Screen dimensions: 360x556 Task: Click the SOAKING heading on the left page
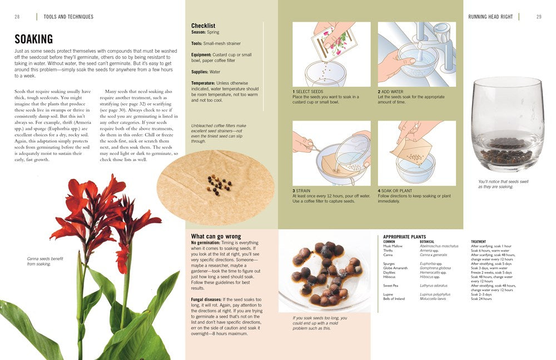click(x=34, y=39)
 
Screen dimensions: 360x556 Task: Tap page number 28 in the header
click(x=17, y=17)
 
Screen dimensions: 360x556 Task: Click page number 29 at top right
click(x=539, y=17)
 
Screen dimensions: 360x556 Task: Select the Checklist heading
click(x=203, y=26)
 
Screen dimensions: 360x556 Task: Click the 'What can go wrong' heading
click(x=216, y=236)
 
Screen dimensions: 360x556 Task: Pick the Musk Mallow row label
click(x=393, y=246)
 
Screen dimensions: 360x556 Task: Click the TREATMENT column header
click(x=478, y=242)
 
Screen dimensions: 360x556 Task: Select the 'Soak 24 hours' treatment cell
click(x=481, y=299)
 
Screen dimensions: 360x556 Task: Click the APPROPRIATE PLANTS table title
click(x=404, y=237)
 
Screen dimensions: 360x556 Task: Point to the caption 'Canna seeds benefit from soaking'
click(x=44, y=261)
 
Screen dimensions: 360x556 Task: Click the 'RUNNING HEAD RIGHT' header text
click(x=490, y=17)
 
